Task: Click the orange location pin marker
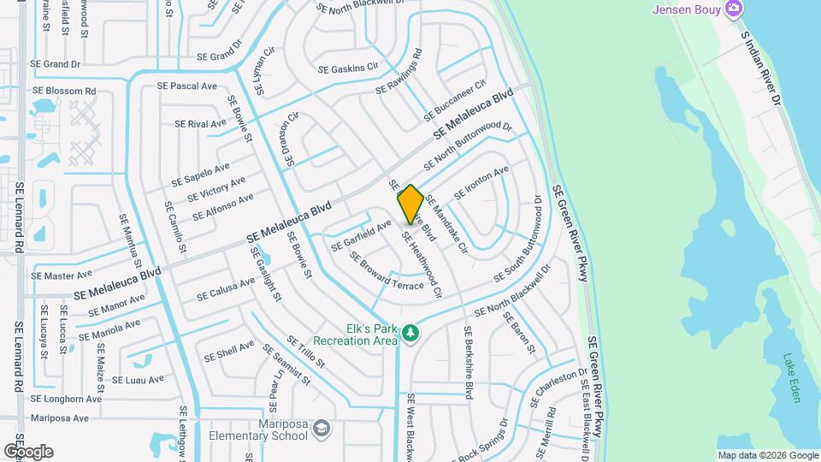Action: click(x=410, y=204)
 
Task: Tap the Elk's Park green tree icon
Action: click(x=410, y=332)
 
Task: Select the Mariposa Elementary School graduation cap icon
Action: click(x=322, y=428)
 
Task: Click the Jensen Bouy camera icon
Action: click(x=733, y=9)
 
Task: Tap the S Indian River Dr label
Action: click(x=762, y=68)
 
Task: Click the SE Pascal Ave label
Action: click(x=188, y=86)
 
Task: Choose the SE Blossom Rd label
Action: click(x=63, y=91)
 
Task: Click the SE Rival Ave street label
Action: click(x=200, y=124)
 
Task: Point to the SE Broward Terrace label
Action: click(x=386, y=273)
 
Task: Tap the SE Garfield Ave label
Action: click(x=361, y=235)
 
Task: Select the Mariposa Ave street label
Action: click(x=59, y=418)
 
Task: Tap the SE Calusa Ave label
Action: click(x=226, y=288)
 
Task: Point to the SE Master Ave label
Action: click(x=61, y=275)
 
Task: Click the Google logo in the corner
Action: click(x=28, y=451)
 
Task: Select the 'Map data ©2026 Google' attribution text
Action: click(x=768, y=455)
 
